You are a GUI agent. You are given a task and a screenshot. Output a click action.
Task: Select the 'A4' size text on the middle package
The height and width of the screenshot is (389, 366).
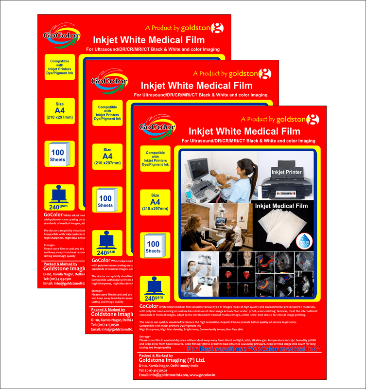click(107, 156)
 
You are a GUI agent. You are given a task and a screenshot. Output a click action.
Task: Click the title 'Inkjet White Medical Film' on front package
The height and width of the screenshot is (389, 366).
click(244, 131)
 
